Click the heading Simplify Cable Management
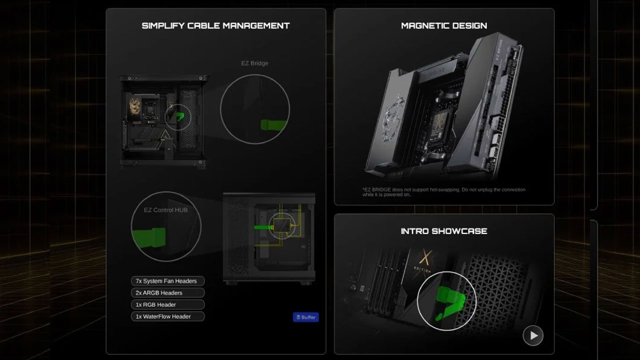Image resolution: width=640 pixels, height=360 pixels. coord(215,25)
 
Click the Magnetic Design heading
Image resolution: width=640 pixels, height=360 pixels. coord(444,25)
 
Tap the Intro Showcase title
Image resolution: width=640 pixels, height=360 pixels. coord(444,231)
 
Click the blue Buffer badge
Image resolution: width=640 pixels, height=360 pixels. coord(305,317)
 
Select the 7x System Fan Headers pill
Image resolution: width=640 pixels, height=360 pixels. coord(167,281)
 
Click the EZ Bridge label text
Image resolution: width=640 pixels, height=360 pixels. coord(254,63)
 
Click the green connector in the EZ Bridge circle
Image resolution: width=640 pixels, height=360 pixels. coord(274,124)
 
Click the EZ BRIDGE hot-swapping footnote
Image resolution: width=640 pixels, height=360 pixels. coord(444,192)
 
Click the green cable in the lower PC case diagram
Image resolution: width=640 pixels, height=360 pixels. coord(262,227)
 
